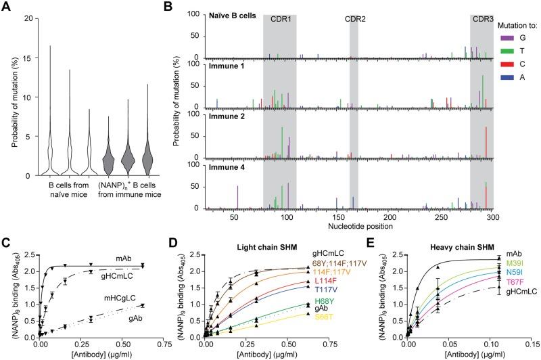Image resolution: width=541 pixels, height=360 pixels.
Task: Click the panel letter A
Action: point(5,5)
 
